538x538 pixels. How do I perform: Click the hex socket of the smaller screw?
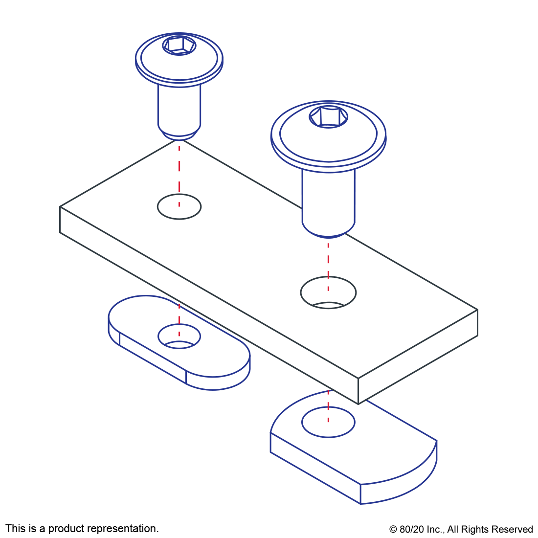[179, 45]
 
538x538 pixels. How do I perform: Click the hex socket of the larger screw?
[328, 117]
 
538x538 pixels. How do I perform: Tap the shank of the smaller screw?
[179, 106]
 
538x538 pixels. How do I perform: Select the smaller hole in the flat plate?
[179, 206]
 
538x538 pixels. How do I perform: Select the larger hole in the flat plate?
[328, 292]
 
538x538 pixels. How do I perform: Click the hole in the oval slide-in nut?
[179, 336]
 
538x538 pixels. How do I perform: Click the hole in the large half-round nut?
[328, 422]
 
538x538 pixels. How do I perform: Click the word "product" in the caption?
[67, 529]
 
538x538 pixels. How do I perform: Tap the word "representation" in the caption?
[123, 529]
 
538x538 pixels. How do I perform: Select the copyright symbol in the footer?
[393, 530]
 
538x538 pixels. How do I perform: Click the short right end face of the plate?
[418, 357]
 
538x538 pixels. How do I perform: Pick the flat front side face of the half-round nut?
[315, 468]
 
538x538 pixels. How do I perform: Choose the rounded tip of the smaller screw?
[179, 135]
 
